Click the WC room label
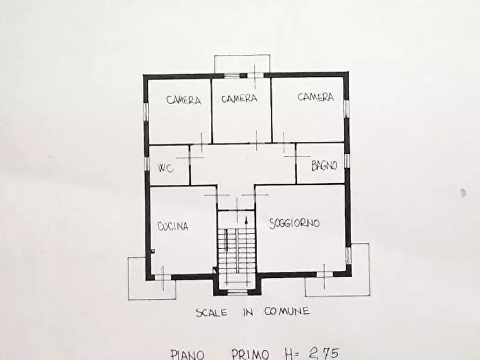click(x=165, y=168)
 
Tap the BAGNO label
click(x=324, y=165)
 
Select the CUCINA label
click(x=173, y=227)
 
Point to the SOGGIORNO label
click(x=295, y=222)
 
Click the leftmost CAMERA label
click(x=184, y=100)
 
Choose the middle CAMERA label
click(x=239, y=99)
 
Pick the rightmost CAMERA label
click(x=316, y=97)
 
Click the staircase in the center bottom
click(x=237, y=253)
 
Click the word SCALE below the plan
click(x=211, y=312)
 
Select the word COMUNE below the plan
click(x=286, y=311)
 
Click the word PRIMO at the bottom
click(x=252, y=354)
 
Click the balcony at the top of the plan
click(x=242, y=64)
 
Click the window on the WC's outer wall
click(x=146, y=162)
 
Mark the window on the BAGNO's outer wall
click(x=347, y=161)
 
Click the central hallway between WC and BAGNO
click(x=242, y=164)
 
